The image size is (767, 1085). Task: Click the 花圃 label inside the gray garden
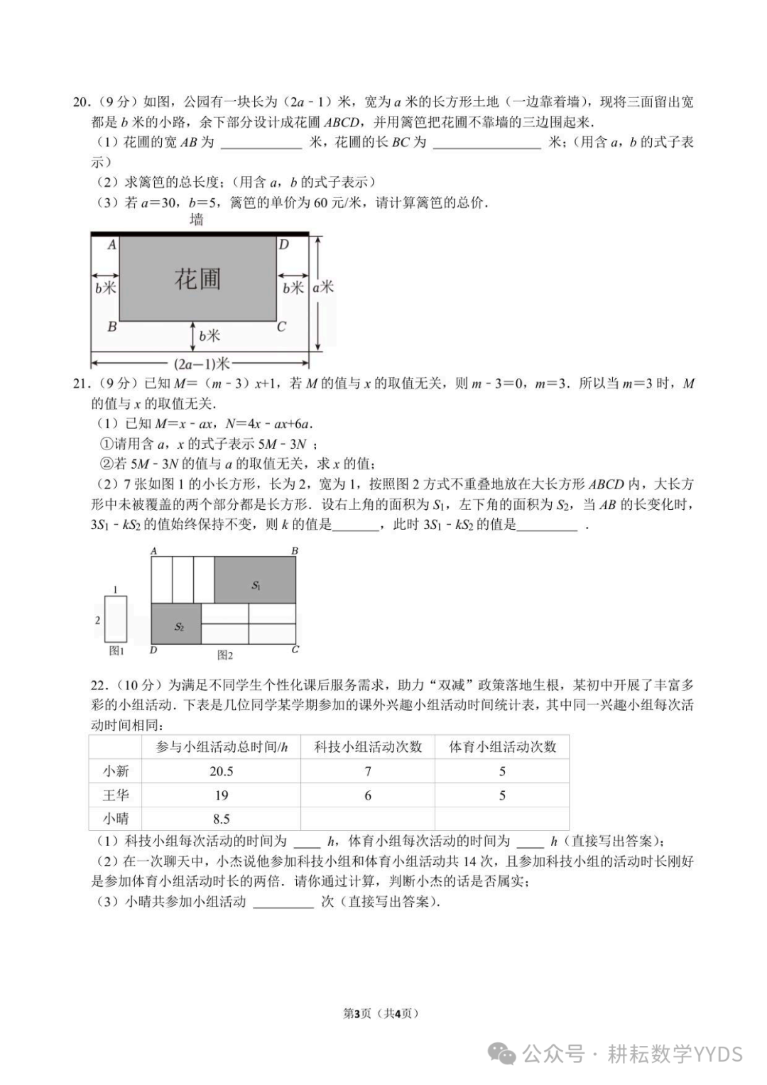(197, 279)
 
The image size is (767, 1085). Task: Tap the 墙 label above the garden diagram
(197, 220)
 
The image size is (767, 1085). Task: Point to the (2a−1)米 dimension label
(203, 364)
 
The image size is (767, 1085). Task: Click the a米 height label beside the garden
(323, 287)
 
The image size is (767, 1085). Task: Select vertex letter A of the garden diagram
(111, 245)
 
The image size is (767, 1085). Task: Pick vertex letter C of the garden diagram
(281, 327)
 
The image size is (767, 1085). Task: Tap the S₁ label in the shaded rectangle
(256, 586)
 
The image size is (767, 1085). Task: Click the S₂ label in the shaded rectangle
(179, 627)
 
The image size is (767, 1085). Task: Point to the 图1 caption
(116, 650)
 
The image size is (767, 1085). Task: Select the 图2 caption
(225, 655)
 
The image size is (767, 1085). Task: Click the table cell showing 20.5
(222, 771)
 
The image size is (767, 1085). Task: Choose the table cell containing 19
(222, 795)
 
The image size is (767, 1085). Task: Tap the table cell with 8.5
(222, 819)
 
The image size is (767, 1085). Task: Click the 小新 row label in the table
(116, 771)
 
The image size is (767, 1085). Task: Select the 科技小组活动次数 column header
(368, 747)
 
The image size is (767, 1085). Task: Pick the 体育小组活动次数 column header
(502, 747)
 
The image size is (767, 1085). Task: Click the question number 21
(80, 384)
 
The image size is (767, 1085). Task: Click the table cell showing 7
(368, 771)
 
